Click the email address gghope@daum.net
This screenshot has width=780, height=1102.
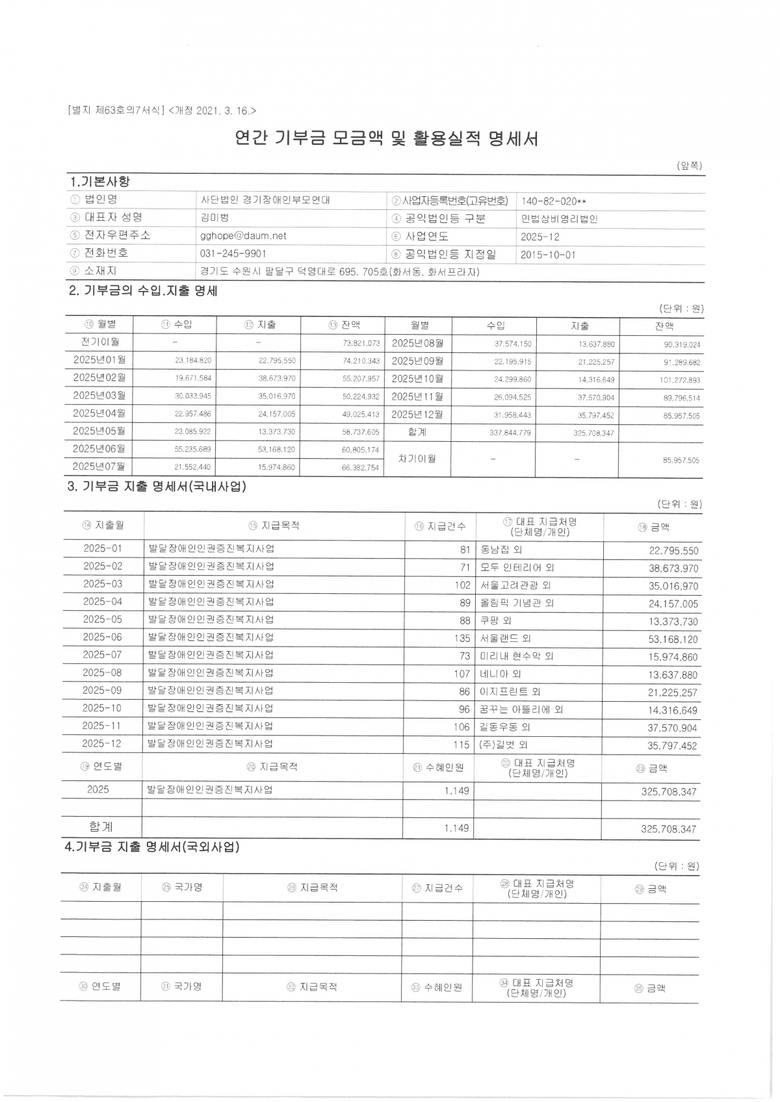coord(243,236)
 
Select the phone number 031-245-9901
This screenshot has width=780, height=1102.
coord(233,253)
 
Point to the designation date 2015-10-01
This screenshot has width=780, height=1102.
coord(548,255)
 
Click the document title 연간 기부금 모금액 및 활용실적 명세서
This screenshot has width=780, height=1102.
coord(386,138)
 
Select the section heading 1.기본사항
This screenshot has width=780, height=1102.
coord(99,181)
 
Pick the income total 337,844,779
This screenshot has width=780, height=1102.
coord(510,433)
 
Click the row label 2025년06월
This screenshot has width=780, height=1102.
coord(99,448)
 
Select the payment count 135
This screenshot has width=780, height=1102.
coord(461,638)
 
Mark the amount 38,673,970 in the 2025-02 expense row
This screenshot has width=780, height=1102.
coord(673,569)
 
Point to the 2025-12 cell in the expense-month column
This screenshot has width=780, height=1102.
coord(101,743)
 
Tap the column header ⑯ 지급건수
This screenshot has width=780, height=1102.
coord(440,526)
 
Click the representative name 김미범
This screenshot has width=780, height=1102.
coord(214,218)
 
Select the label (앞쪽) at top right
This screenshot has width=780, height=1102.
coord(689,166)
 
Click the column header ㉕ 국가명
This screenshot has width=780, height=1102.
coord(182,887)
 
